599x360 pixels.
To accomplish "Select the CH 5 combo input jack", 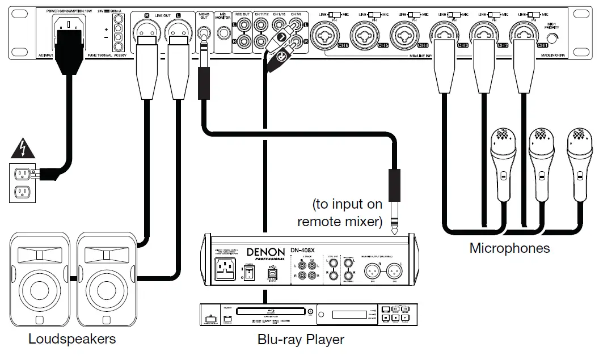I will [x=365, y=33].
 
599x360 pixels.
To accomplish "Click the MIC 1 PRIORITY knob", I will [x=553, y=37].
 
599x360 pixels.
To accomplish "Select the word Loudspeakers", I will [x=72, y=340].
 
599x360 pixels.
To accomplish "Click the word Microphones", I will [x=509, y=248].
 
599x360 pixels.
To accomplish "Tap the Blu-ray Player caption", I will [x=301, y=340].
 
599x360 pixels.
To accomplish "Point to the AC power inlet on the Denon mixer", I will [x=226, y=269].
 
